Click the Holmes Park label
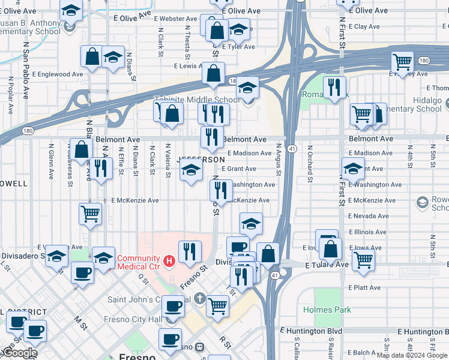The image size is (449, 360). [x=327, y=310]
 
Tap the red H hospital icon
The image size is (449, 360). [x=170, y=261]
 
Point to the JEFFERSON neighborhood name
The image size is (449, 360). [x=201, y=160]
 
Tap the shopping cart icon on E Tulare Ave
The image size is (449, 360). [x=364, y=260]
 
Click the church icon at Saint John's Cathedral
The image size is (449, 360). [x=199, y=299]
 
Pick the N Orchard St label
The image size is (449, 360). [x=310, y=163]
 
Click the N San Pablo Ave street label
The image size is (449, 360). [x=26, y=70]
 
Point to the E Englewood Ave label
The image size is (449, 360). [x=58, y=74]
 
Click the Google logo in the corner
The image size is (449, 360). [x=20, y=353]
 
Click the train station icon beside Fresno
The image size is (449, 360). [x=199, y=347]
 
